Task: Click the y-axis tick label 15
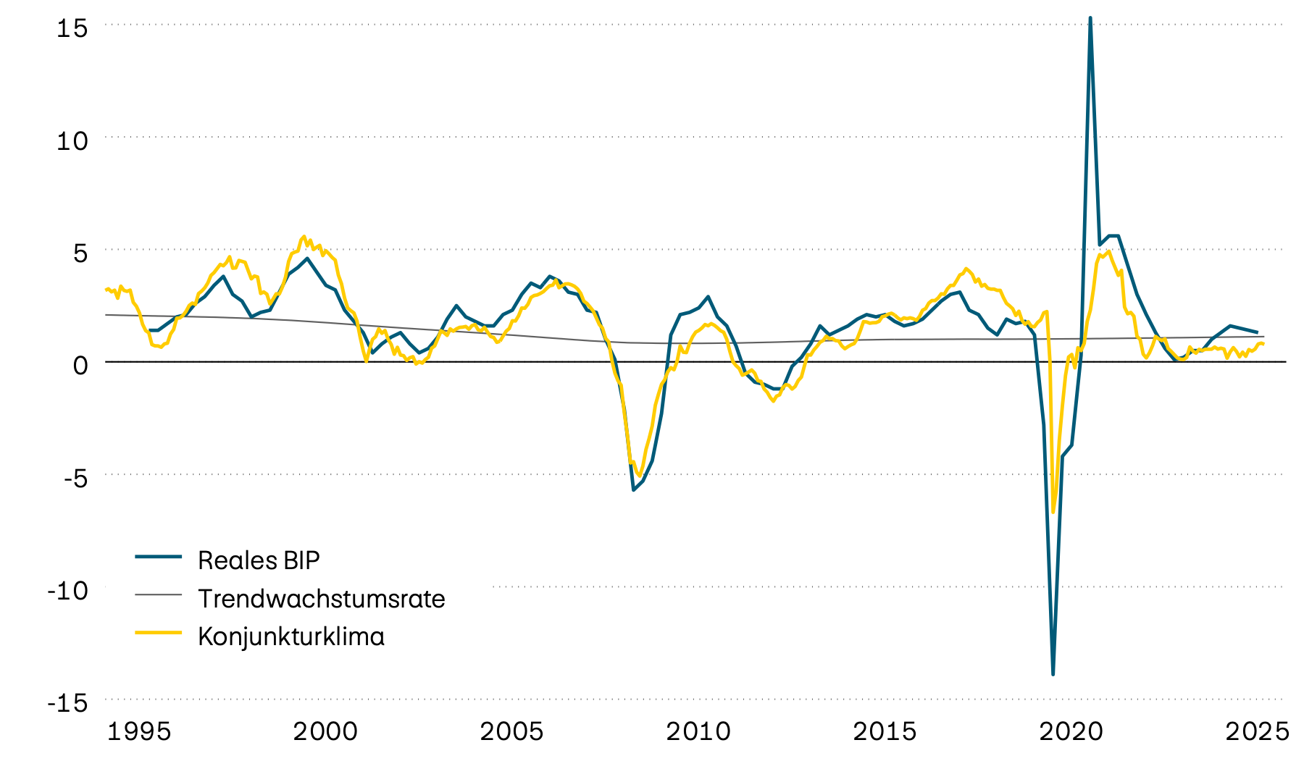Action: click(72, 28)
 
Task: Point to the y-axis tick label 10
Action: click(72, 140)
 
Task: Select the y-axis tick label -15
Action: click(68, 703)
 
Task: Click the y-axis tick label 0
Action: click(80, 365)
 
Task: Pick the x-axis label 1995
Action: click(139, 731)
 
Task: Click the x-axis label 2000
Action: click(325, 731)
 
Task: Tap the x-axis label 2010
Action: click(698, 731)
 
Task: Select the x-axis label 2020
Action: click(1071, 731)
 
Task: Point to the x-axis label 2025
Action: click(1257, 731)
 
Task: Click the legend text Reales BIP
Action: click(259, 560)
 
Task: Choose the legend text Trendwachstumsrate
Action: click(321, 599)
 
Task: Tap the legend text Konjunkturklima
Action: click(291, 636)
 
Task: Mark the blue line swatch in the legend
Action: click(158, 556)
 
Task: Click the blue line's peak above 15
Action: click(1090, 18)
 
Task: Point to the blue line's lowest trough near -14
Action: click(1053, 674)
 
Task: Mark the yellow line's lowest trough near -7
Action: click(1053, 511)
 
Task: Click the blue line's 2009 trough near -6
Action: click(633, 490)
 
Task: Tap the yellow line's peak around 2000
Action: click(304, 236)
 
